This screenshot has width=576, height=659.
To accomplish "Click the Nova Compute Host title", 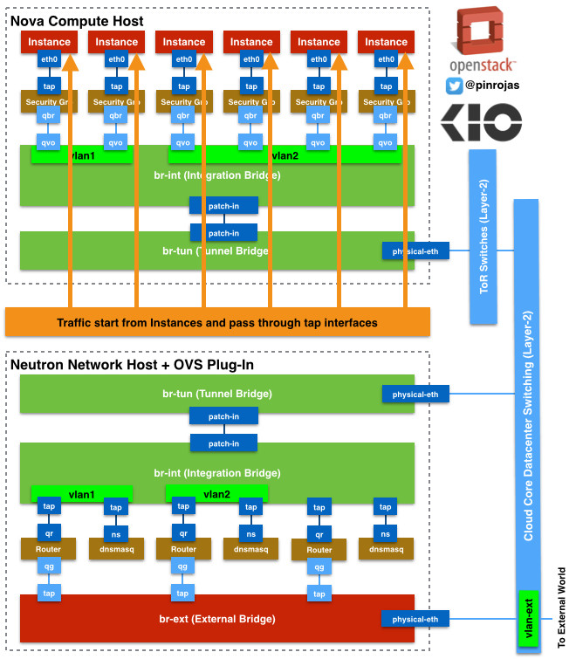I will pos(78,20).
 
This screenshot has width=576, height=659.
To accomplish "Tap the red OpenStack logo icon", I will pos(483,32).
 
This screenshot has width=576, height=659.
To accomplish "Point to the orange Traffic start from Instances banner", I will pos(217,322).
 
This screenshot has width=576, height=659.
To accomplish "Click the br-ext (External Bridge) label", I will pos(217,619).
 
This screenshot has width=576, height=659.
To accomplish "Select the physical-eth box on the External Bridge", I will pos(415,619).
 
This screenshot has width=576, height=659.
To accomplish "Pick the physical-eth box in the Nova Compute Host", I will pos(415,251).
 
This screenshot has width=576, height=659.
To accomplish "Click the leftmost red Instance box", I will pos(49,41).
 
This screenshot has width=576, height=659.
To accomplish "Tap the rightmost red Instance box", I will pos(386,41).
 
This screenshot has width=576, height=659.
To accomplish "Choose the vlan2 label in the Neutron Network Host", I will pos(216,493).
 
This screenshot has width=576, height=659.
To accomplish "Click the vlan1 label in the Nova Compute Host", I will pos(82,155).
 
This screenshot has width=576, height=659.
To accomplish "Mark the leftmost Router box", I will pos(49,549).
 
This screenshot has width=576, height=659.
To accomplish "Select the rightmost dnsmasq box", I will pos(386,549).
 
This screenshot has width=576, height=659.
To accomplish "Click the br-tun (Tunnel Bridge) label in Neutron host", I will pos(217,394).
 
